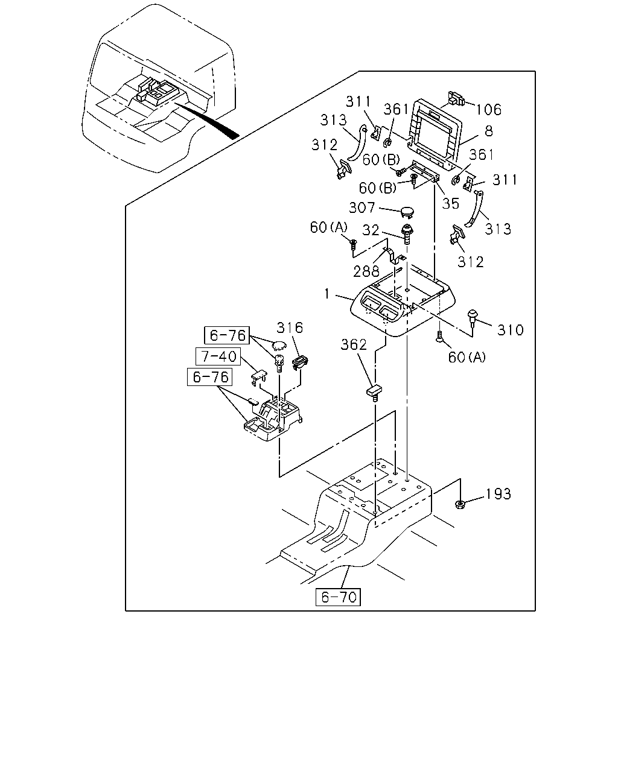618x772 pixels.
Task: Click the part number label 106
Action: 488,109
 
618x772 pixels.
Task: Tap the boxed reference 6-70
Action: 338,597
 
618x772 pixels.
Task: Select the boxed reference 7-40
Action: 218,356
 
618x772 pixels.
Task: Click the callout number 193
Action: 498,494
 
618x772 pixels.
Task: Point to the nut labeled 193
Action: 460,504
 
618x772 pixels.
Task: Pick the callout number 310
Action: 510,330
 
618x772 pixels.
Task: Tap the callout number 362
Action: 354,344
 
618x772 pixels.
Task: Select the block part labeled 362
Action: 374,393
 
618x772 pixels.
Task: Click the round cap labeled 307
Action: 407,212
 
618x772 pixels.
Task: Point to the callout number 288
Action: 366,271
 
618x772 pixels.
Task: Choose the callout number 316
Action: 290,327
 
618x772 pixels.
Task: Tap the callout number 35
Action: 450,203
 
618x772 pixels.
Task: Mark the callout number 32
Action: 371,230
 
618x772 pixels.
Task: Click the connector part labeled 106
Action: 456,98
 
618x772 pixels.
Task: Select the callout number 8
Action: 489,131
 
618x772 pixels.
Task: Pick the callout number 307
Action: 362,207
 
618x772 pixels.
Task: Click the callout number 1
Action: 327,294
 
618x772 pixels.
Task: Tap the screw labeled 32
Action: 407,234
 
